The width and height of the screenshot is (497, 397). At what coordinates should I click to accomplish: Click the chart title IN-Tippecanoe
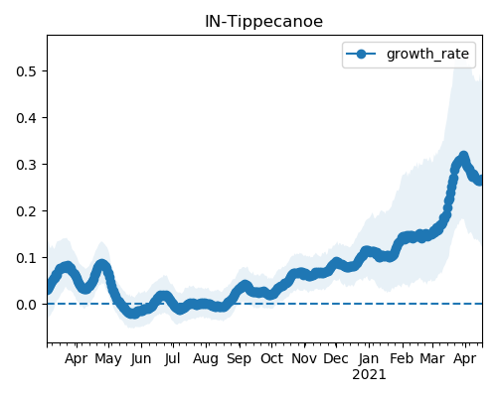click(x=263, y=22)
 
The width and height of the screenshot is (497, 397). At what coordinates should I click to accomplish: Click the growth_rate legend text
click(x=427, y=54)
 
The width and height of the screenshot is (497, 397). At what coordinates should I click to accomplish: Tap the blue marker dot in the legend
click(x=361, y=54)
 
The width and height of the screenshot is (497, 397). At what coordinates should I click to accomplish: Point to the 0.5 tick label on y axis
click(x=26, y=71)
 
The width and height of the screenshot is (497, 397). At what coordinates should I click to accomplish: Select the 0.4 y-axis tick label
click(x=26, y=118)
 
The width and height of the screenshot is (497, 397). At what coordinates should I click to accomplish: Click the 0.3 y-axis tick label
click(x=26, y=165)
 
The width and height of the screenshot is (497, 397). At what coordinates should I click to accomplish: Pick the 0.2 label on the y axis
click(x=26, y=211)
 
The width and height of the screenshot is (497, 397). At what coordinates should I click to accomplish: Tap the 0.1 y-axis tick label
click(x=26, y=258)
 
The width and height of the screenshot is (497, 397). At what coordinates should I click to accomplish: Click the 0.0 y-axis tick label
click(x=26, y=305)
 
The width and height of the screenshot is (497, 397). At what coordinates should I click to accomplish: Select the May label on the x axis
click(x=108, y=359)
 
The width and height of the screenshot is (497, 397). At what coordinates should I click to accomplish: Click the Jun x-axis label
click(x=141, y=359)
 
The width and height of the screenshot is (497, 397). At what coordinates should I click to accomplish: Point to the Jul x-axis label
click(x=173, y=359)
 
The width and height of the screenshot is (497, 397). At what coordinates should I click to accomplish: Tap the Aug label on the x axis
click(x=206, y=359)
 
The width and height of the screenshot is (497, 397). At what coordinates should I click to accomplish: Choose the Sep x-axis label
click(x=239, y=359)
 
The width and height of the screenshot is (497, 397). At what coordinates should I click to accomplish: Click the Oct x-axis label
click(x=271, y=358)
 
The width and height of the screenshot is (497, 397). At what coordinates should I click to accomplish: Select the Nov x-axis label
click(x=304, y=358)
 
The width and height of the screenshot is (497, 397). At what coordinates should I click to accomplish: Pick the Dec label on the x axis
click(x=336, y=358)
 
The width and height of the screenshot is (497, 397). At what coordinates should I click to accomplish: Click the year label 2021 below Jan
click(x=369, y=375)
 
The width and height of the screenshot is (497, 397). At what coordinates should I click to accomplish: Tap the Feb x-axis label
click(x=402, y=358)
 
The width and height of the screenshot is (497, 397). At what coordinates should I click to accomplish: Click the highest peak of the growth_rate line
click(x=463, y=156)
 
